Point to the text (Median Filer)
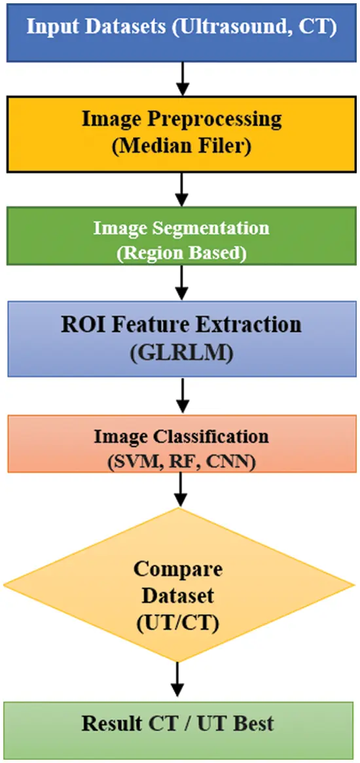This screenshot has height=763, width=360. pos(180,146)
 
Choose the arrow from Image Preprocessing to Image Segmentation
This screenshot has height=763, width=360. pos(181,189)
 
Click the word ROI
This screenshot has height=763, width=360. pos(82,325)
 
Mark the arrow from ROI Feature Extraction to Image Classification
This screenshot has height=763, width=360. pos(181,395)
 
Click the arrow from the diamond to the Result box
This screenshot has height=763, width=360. pos(179,681)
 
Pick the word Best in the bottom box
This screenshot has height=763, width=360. pos(248,724)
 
